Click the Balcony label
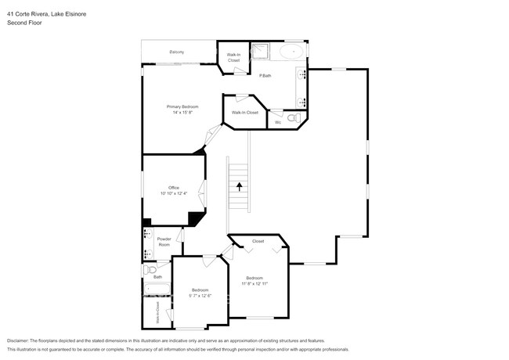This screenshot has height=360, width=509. tap(177, 52)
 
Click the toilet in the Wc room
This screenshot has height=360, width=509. tap(292, 118)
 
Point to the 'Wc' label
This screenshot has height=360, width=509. tap(277, 122)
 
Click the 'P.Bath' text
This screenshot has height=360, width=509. tap(265, 75)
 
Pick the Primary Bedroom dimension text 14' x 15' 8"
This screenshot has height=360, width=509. tap(182, 113)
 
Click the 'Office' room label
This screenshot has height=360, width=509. tap(174, 188)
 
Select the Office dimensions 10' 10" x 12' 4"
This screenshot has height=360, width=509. tap(175, 193)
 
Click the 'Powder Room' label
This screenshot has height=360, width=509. tap(164, 242)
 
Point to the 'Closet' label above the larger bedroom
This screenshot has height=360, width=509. tap(258, 241)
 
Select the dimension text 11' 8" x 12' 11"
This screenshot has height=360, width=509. tap(255, 283)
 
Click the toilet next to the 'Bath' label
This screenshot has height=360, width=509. tap(149, 269)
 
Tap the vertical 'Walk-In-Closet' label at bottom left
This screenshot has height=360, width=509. tap(157, 312)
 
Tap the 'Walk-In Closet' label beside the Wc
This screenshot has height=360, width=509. tap(244, 113)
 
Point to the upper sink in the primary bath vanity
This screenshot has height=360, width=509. tap(301, 75)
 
